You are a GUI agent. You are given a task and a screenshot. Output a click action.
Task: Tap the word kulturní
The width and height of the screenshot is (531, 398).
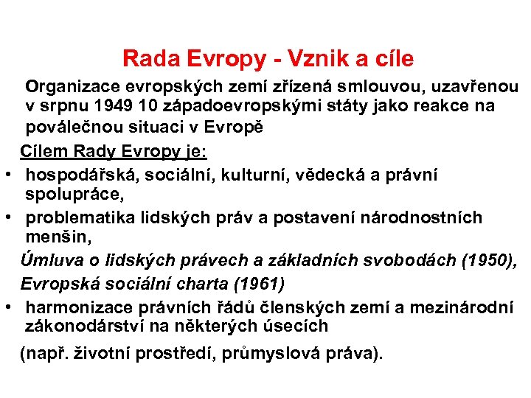click(x=268, y=175)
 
